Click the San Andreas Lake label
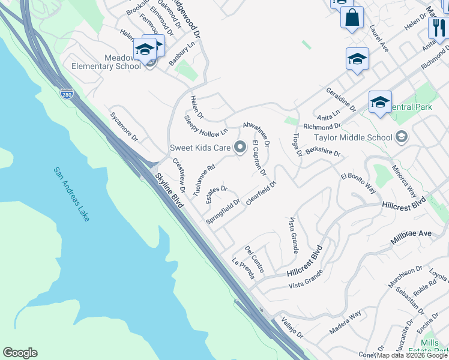click(72, 194)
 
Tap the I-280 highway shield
click(67, 94)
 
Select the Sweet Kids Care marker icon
click(240, 147)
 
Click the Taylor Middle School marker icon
click(402, 137)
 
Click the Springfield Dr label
click(223, 211)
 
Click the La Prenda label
click(244, 269)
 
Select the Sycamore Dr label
click(124, 125)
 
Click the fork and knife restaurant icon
click(438, 27)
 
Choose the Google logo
click(20, 353)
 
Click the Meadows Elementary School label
click(106, 62)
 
